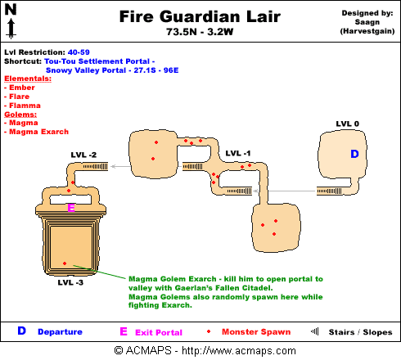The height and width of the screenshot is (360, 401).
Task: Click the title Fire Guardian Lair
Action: click(200, 16)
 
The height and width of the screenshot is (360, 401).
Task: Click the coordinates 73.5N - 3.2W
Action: click(200, 32)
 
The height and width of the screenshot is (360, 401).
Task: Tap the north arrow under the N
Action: click(11, 29)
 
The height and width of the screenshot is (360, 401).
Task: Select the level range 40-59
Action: click(79, 52)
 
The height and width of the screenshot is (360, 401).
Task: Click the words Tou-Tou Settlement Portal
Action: click(97, 61)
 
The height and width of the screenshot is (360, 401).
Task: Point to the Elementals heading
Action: click(28, 79)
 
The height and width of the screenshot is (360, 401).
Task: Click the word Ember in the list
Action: click(22, 88)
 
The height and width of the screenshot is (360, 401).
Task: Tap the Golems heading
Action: click(20, 115)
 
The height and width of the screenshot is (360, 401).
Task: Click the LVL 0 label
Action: click(348, 124)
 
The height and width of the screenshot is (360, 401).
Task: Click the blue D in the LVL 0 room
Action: click(354, 154)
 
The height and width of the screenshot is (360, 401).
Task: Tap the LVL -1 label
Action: click(238, 153)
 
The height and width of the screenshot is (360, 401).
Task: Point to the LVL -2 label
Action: click(83, 155)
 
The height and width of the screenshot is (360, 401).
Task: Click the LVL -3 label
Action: click(70, 282)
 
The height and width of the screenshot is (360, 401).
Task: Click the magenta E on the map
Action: click(71, 208)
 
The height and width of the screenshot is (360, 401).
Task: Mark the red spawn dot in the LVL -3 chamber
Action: click(65, 263)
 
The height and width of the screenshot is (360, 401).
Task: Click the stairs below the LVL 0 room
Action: click(329, 191)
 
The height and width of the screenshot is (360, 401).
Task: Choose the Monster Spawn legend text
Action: click(256, 332)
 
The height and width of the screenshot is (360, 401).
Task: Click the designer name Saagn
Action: click(367, 22)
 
